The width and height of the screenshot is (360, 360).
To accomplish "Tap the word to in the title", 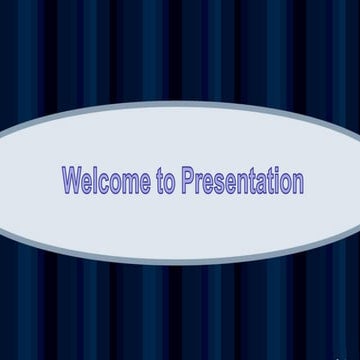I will (x=167, y=182).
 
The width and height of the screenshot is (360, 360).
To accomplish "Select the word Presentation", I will (x=243, y=182).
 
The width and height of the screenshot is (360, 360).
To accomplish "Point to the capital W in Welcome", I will (x=71, y=181).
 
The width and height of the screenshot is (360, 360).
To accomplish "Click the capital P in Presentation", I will (x=188, y=181).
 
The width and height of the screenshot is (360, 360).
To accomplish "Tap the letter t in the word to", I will (x=161, y=182).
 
